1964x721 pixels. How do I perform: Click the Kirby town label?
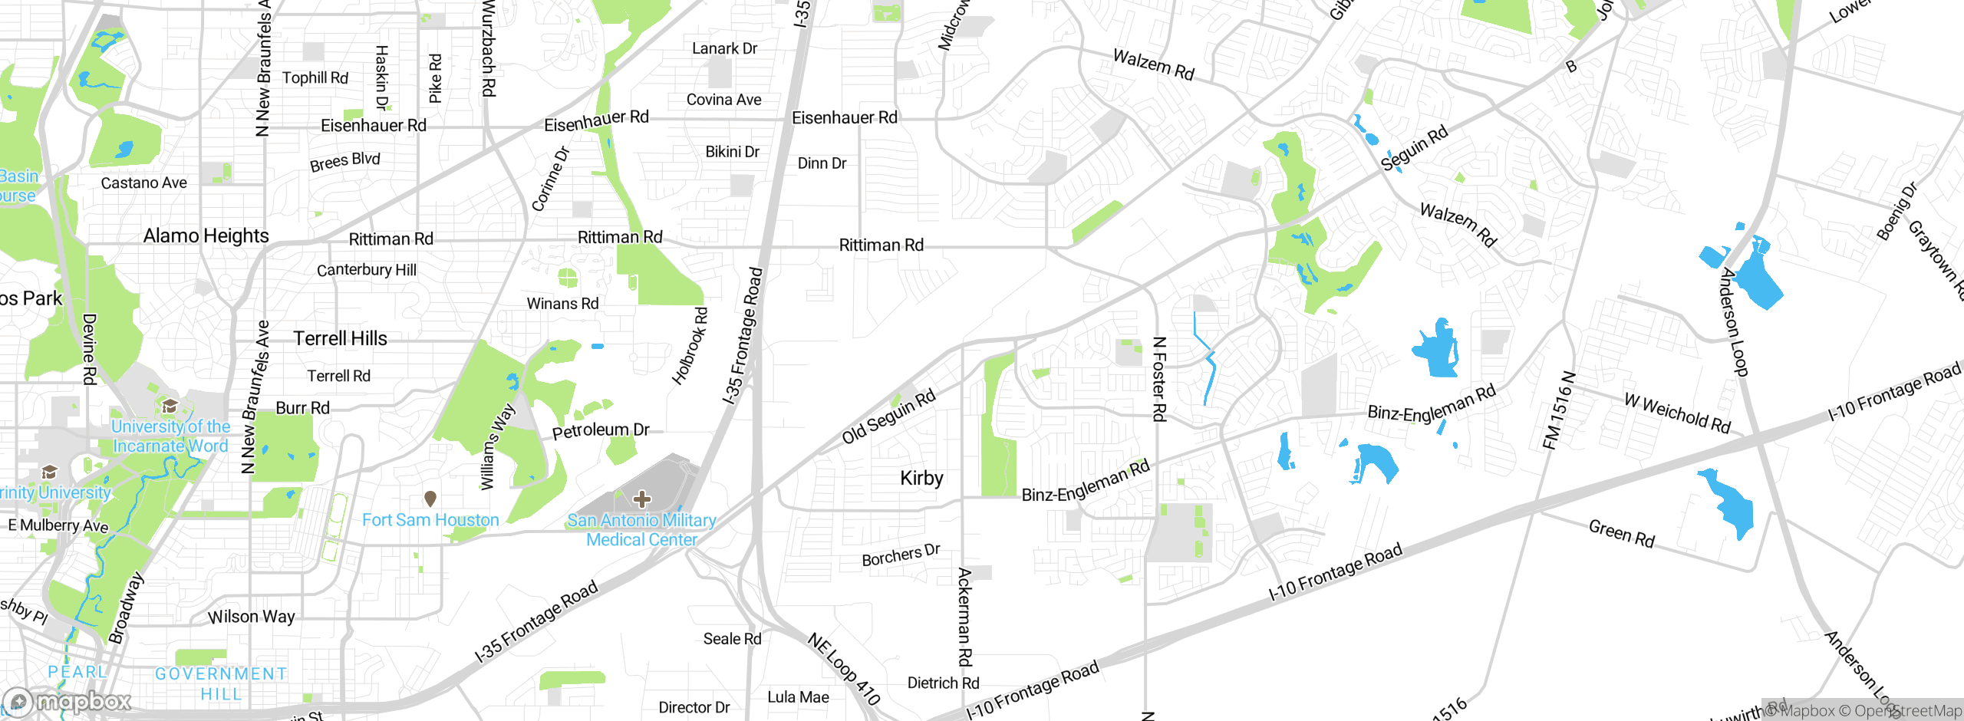921,479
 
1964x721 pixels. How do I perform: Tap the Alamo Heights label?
206,235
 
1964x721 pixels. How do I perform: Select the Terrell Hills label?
340,338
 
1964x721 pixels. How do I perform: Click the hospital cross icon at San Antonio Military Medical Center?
641,500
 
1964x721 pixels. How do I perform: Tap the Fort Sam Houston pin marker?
430,499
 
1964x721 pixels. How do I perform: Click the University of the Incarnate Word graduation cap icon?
170,406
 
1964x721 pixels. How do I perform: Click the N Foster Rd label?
1159,379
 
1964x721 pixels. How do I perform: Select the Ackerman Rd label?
965,617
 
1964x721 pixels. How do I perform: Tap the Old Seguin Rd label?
888,416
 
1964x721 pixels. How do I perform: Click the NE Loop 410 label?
843,669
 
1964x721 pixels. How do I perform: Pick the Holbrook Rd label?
690,346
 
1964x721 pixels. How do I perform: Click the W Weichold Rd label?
1677,413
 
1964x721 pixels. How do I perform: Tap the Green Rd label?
1621,533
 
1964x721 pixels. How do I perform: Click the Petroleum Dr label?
601,430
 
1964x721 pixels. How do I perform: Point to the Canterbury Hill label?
367,270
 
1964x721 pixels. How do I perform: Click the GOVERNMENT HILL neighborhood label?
221,683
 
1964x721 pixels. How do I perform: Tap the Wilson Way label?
251,617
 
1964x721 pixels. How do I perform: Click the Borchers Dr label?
901,555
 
